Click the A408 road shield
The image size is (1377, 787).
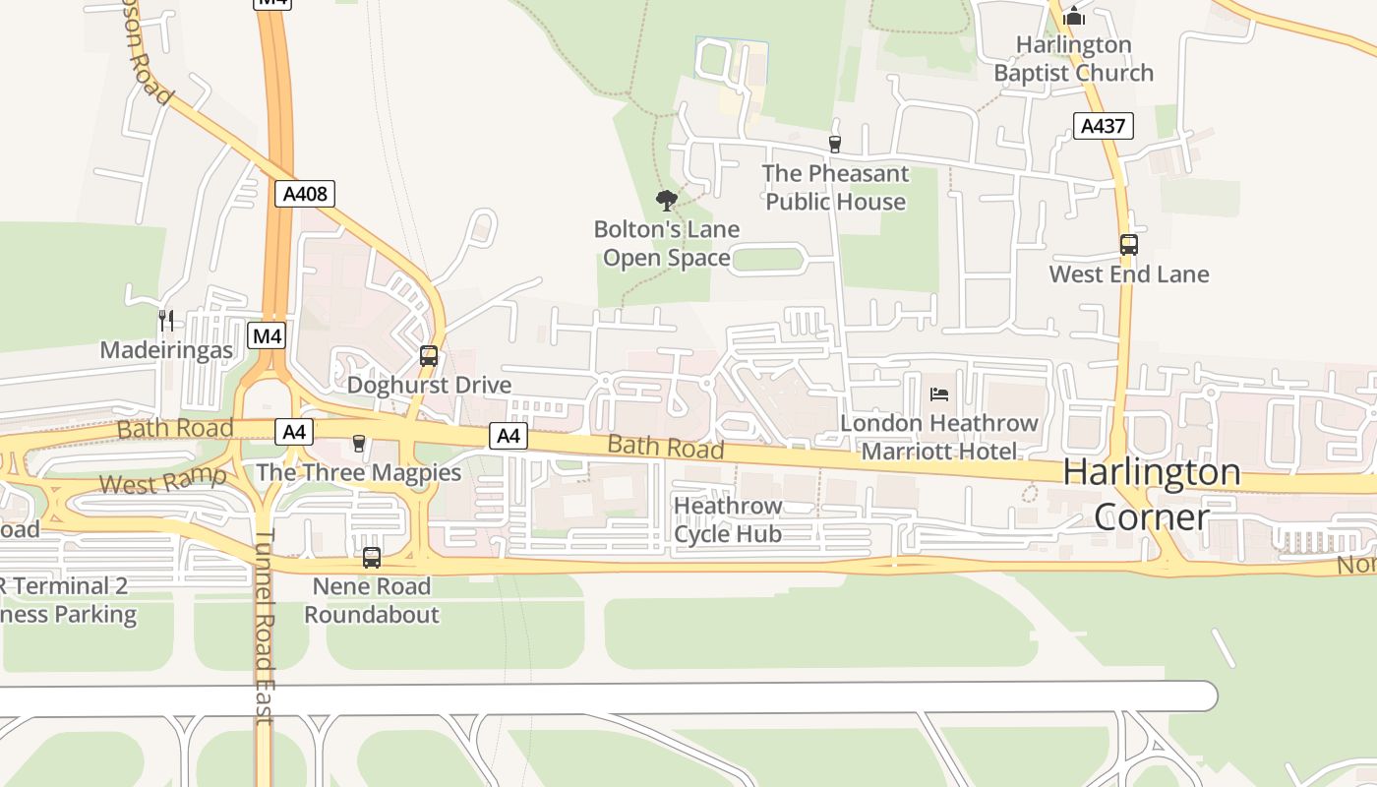pyautogui.click(x=305, y=194)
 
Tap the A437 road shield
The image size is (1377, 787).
pyautogui.click(x=1104, y=126)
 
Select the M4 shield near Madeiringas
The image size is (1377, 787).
pyautogui.click(x=267, y=336)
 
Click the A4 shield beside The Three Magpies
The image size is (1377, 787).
pyautogui.click(x=294, y=431)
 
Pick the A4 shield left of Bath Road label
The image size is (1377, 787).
pyautogui.click(x=508, y=435)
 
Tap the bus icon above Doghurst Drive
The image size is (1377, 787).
pyautogui.click(x=429, y=356)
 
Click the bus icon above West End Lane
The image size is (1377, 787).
pyautogui.click(x=1129, y=245)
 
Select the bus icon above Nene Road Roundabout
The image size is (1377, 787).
pyautogui.click(x=372, y=558)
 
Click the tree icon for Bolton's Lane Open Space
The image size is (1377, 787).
pyautogui.click(x=667, y=201)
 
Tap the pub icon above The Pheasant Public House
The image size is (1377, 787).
pyautogui.click(x=835, y=145)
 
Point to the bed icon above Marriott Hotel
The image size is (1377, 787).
pyautogui.click(x=939, y=394)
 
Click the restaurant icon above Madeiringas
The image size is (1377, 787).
pyautogui.click(x=166, y=321)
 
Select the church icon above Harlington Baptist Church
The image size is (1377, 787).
pyautogui.click(x=1074, y=16)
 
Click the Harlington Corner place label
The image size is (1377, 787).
pyautogui.click(x=1151, y=494)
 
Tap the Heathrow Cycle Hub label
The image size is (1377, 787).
pyautogui.click(x=728, y=519)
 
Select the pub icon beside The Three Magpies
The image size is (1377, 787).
pyautogui.click(x=359, y=444)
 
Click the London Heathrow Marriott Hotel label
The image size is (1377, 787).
pyautogui.click(x=939, y=437)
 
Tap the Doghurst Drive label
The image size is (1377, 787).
pyautogui.click(x=429, y=385)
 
